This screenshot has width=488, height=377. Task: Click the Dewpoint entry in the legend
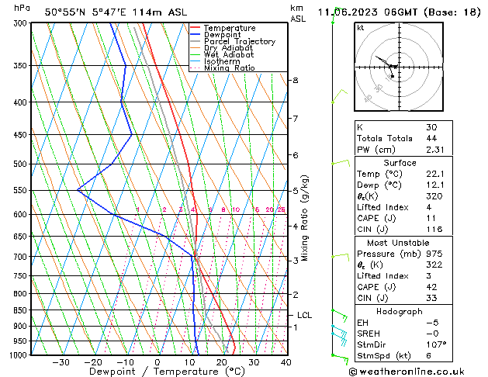pyautogui.click(x=229, y=35)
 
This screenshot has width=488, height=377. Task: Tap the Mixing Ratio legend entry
pyautogui.click(x=230, y=68)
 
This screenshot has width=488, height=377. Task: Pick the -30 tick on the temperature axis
pyautogui.click(x=60, y=362)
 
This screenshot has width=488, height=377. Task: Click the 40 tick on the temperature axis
pyautogui.click(x=286, y=362)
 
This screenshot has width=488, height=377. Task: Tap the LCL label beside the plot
pyautogui.click(x=304, y=316)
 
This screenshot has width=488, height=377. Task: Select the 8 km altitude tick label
pyautogui.click(x=295, y=81)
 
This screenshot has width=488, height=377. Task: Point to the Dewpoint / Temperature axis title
pyautogui.click(x=157, y=372)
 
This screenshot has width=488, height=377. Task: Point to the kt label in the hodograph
pyautogui.click(x=360, y=28)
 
